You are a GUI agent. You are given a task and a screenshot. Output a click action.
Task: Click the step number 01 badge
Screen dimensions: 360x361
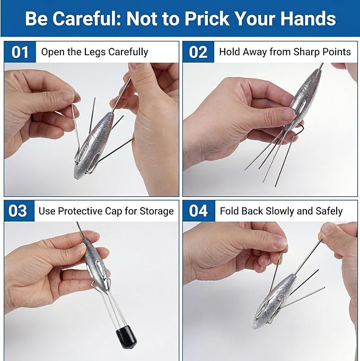(x=20, y=52)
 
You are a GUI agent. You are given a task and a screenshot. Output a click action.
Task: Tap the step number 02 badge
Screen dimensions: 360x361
(x=198, y=52)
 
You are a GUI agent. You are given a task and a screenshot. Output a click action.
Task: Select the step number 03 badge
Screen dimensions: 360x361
(x=19, y=211)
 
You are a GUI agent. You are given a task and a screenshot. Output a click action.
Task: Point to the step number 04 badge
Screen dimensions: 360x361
(x=199, y=211)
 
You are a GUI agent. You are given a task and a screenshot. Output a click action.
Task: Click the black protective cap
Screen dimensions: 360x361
(x=126, y=337)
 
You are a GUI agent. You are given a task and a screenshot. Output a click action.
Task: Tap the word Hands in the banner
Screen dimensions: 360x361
(x=308, y=19)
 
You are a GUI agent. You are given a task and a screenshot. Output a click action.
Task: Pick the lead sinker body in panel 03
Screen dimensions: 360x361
(x=95, y=263)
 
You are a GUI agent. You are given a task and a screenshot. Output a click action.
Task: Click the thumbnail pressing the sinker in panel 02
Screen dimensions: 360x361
(x=289, y=115)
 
